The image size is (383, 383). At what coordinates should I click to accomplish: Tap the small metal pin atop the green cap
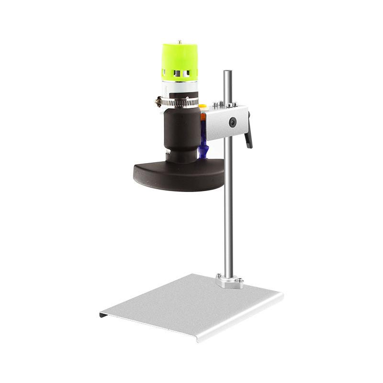180,42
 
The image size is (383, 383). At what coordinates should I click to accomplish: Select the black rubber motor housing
182,129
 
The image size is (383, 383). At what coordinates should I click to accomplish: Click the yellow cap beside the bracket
203,107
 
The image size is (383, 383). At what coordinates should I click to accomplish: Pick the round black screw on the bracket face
232,123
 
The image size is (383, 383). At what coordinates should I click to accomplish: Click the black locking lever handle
248,137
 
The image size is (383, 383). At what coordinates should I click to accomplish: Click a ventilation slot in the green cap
178,73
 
